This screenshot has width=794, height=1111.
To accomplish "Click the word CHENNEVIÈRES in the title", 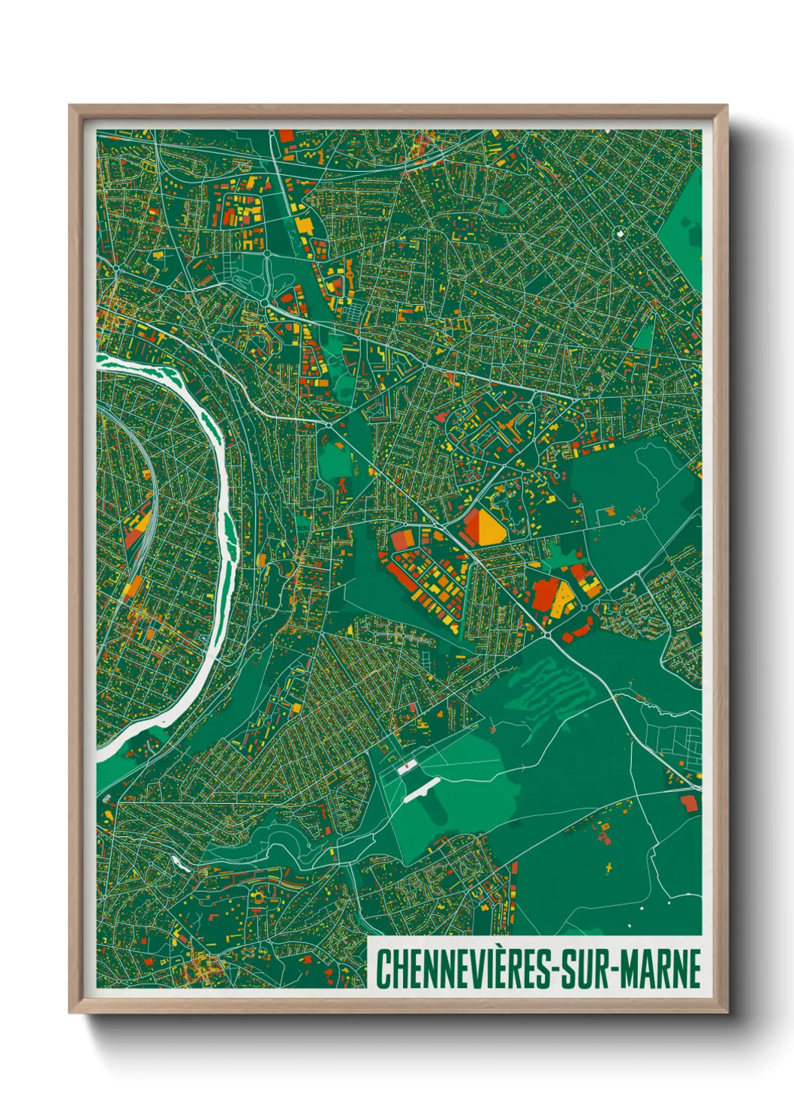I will click(x=462, y=969).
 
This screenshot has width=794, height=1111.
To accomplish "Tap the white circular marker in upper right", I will click(x=620, y=233).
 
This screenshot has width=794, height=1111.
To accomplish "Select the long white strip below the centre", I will click(x=421, y=790).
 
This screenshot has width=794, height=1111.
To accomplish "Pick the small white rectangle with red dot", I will click(x=406, y=767).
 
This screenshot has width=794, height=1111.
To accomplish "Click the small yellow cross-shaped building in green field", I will click(x=609, y=868).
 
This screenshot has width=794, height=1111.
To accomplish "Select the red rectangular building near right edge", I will click(x=688, y=803).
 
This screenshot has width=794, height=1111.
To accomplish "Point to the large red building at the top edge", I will click(x=286, y=136).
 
